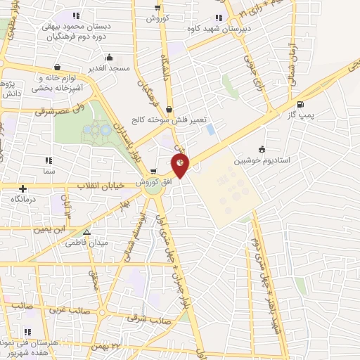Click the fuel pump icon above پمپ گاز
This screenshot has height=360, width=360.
pyautogui.click(x=302, y=104)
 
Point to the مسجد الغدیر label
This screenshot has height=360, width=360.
pyautogui.click(x=109, y=68)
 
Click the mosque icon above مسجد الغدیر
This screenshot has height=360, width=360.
pyautogui.click(x=109, y=58)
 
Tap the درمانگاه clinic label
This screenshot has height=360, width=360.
pyautogui.click(x=24, y=199)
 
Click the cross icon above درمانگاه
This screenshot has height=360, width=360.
pyautogui.click(x=24, y=188)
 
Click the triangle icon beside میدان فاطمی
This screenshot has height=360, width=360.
pyautogui.click(x=86, y=231)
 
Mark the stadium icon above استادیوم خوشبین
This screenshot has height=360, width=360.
pyautogui.click(x=262, y=149)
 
